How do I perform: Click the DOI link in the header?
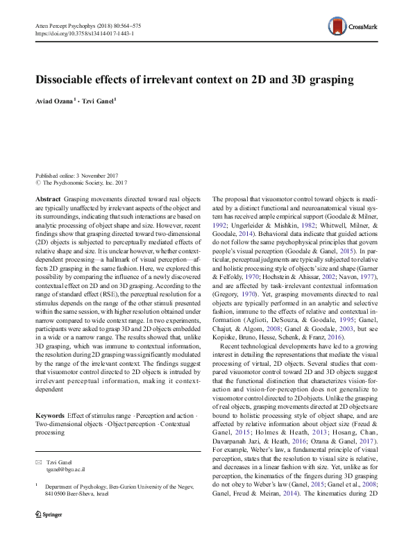(x=84, y=33)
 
